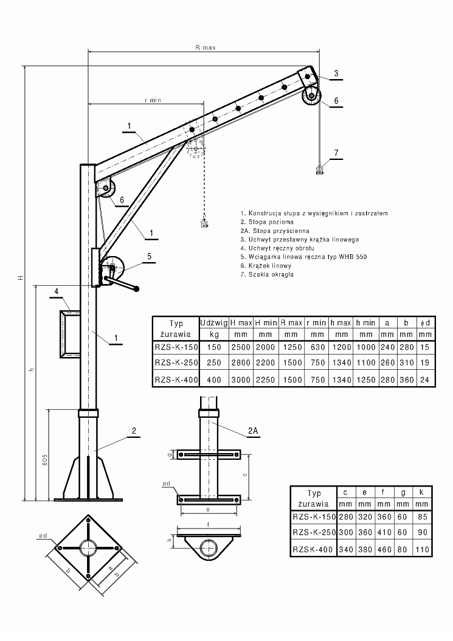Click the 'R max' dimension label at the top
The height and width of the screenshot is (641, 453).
click(206, 47)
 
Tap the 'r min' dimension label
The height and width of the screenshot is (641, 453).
click(153, 100)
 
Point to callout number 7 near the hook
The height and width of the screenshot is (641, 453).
click(336, 153)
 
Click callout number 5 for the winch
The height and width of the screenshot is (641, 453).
click(149, 256)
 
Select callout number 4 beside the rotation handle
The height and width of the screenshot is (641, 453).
click(57, 291)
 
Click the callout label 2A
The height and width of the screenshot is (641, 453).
click(253, 431)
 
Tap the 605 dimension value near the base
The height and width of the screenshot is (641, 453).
click(46, 460)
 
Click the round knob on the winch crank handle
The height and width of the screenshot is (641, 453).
click(137, 289)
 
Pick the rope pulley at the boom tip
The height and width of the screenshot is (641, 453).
click(311, 97)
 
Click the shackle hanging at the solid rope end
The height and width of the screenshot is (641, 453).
click(319, 169)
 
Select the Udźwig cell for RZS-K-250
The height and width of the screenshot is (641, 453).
click(214, 362)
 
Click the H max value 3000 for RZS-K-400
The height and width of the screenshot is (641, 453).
click(240, 379)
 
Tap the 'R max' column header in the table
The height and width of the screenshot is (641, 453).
click(291, 322)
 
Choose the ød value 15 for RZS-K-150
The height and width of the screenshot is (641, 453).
click(425, 347)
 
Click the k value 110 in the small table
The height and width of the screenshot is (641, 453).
click(423, 550)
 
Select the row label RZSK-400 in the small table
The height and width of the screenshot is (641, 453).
click(313, 550)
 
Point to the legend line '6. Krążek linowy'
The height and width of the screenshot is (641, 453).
click(266, 266)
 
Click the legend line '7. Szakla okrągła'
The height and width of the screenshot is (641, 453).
click(267, 274)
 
